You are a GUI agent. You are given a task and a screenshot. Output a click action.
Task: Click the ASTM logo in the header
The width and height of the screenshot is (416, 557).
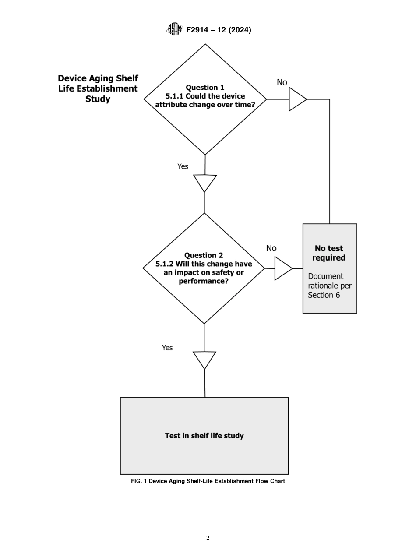coord(175,30)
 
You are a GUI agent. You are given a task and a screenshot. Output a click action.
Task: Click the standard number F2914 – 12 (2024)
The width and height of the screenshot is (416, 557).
coord(219,30)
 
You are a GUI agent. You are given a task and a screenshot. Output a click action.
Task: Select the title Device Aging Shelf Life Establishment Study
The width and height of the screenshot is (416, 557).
coord(98,88)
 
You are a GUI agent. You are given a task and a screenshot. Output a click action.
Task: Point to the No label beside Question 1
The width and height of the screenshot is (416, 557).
coord(282,82)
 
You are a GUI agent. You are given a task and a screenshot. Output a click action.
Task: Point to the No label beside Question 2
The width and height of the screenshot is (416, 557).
coord(271,248)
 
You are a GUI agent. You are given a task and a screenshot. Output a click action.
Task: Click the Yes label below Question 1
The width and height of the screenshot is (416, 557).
coord(183,166)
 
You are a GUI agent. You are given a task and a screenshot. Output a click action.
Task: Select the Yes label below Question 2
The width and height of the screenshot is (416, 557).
coord(167,348)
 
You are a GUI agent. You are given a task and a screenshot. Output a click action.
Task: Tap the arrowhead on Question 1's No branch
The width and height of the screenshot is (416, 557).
coord(296,99)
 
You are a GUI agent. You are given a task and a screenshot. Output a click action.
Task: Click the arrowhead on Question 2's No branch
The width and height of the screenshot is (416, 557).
coord(282,268)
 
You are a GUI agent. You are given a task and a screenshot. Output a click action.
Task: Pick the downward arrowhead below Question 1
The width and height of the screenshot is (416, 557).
coord(204,182)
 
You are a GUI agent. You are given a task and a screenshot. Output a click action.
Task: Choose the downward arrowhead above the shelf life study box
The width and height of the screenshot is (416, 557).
coord(204,359)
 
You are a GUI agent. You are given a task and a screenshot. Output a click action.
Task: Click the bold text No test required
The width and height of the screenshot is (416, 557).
coord(329,253)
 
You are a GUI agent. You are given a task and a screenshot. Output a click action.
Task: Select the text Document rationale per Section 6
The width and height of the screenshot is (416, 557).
coord(329,286)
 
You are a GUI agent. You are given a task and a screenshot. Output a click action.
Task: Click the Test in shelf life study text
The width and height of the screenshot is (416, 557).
coord(204,436)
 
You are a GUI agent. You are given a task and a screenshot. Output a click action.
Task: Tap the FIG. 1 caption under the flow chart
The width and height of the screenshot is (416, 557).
coord(208,481)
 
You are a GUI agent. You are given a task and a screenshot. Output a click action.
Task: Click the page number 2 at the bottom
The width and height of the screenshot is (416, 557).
coord(208,538)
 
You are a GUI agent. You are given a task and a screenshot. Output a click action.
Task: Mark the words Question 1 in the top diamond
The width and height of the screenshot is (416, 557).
coord(205,88)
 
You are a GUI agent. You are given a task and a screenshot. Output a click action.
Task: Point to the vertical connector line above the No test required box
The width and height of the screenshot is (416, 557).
coord(330,162)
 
